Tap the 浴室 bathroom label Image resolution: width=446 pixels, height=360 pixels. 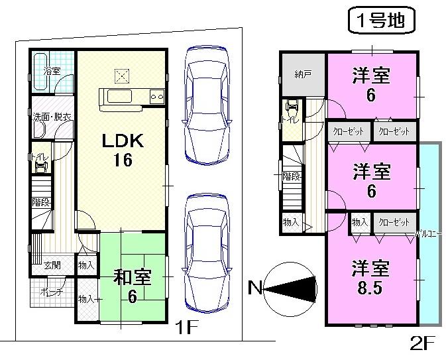(51, 69)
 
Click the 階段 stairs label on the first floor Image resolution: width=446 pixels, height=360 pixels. (40, 202)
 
